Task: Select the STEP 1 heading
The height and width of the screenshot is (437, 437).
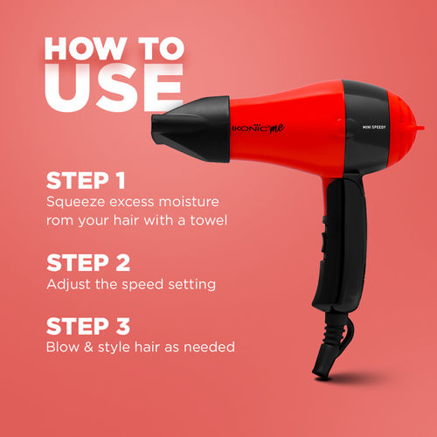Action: pos(86,182)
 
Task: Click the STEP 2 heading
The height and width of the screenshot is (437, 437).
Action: pos(87,262)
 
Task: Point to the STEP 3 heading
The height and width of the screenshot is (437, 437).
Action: pos(87,326)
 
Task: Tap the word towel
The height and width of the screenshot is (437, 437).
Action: pos(208,219)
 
